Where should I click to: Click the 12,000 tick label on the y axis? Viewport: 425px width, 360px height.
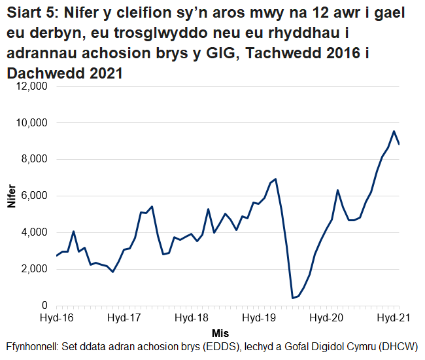(x=30, y=86)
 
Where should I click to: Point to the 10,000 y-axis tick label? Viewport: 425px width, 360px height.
(x=30, y=123)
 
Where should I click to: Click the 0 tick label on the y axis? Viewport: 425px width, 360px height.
(x=44, y=306)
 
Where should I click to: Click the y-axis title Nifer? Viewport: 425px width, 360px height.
(x=10, y=196)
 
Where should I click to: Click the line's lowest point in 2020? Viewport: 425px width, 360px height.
(x=293, y=298)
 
